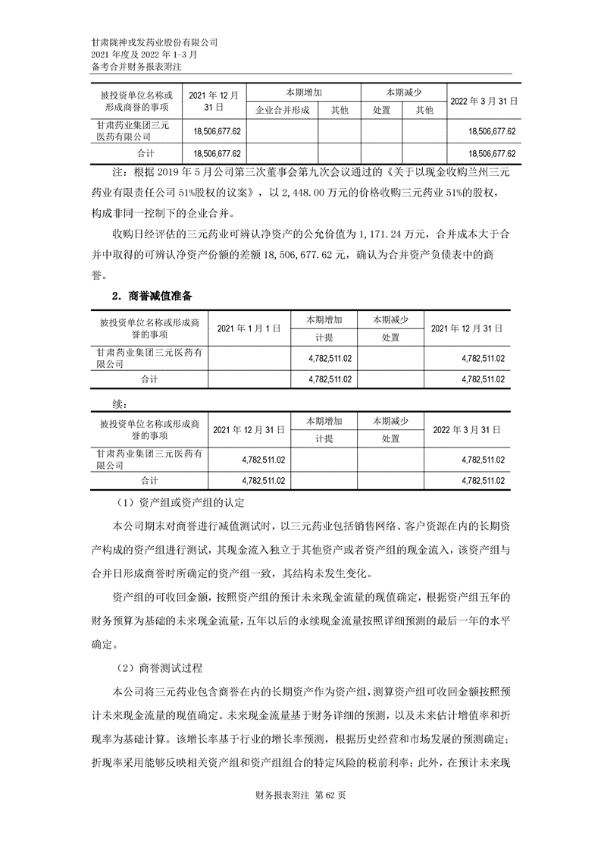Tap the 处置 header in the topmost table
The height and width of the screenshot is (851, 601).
coord(382,111)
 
